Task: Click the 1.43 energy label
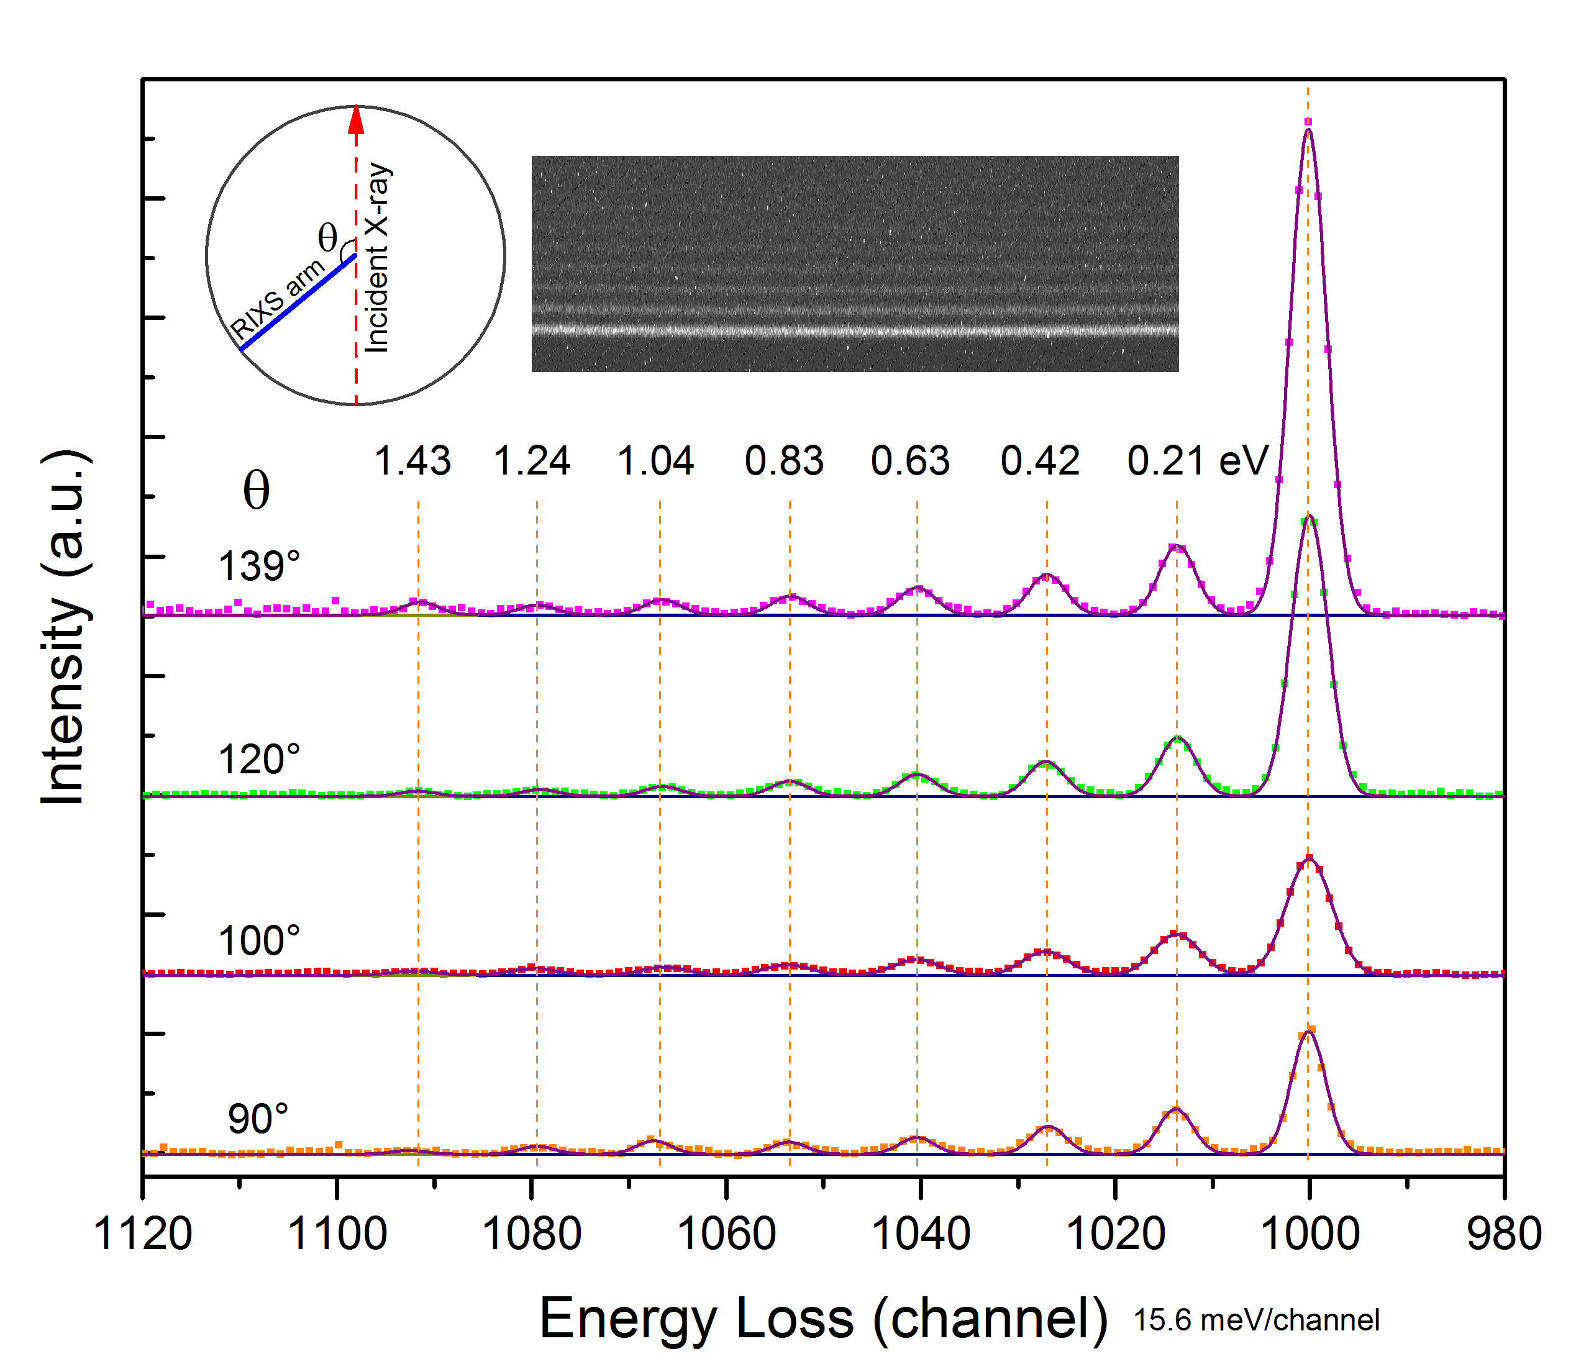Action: click(413, 461)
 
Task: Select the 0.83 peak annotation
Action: click(784, 461)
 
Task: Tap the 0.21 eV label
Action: click(1198, 461)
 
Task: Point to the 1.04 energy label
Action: click(655, 461)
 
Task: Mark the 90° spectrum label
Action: click(258, 1119)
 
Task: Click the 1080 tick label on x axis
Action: click(532, 1234)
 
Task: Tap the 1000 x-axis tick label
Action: click(1310, 1234)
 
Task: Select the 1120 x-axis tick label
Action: click(142, 1234)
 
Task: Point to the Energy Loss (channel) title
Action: click(824, 1318)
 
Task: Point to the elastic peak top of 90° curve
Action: click(1308, 1032)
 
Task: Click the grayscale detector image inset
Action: click(855, 263)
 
